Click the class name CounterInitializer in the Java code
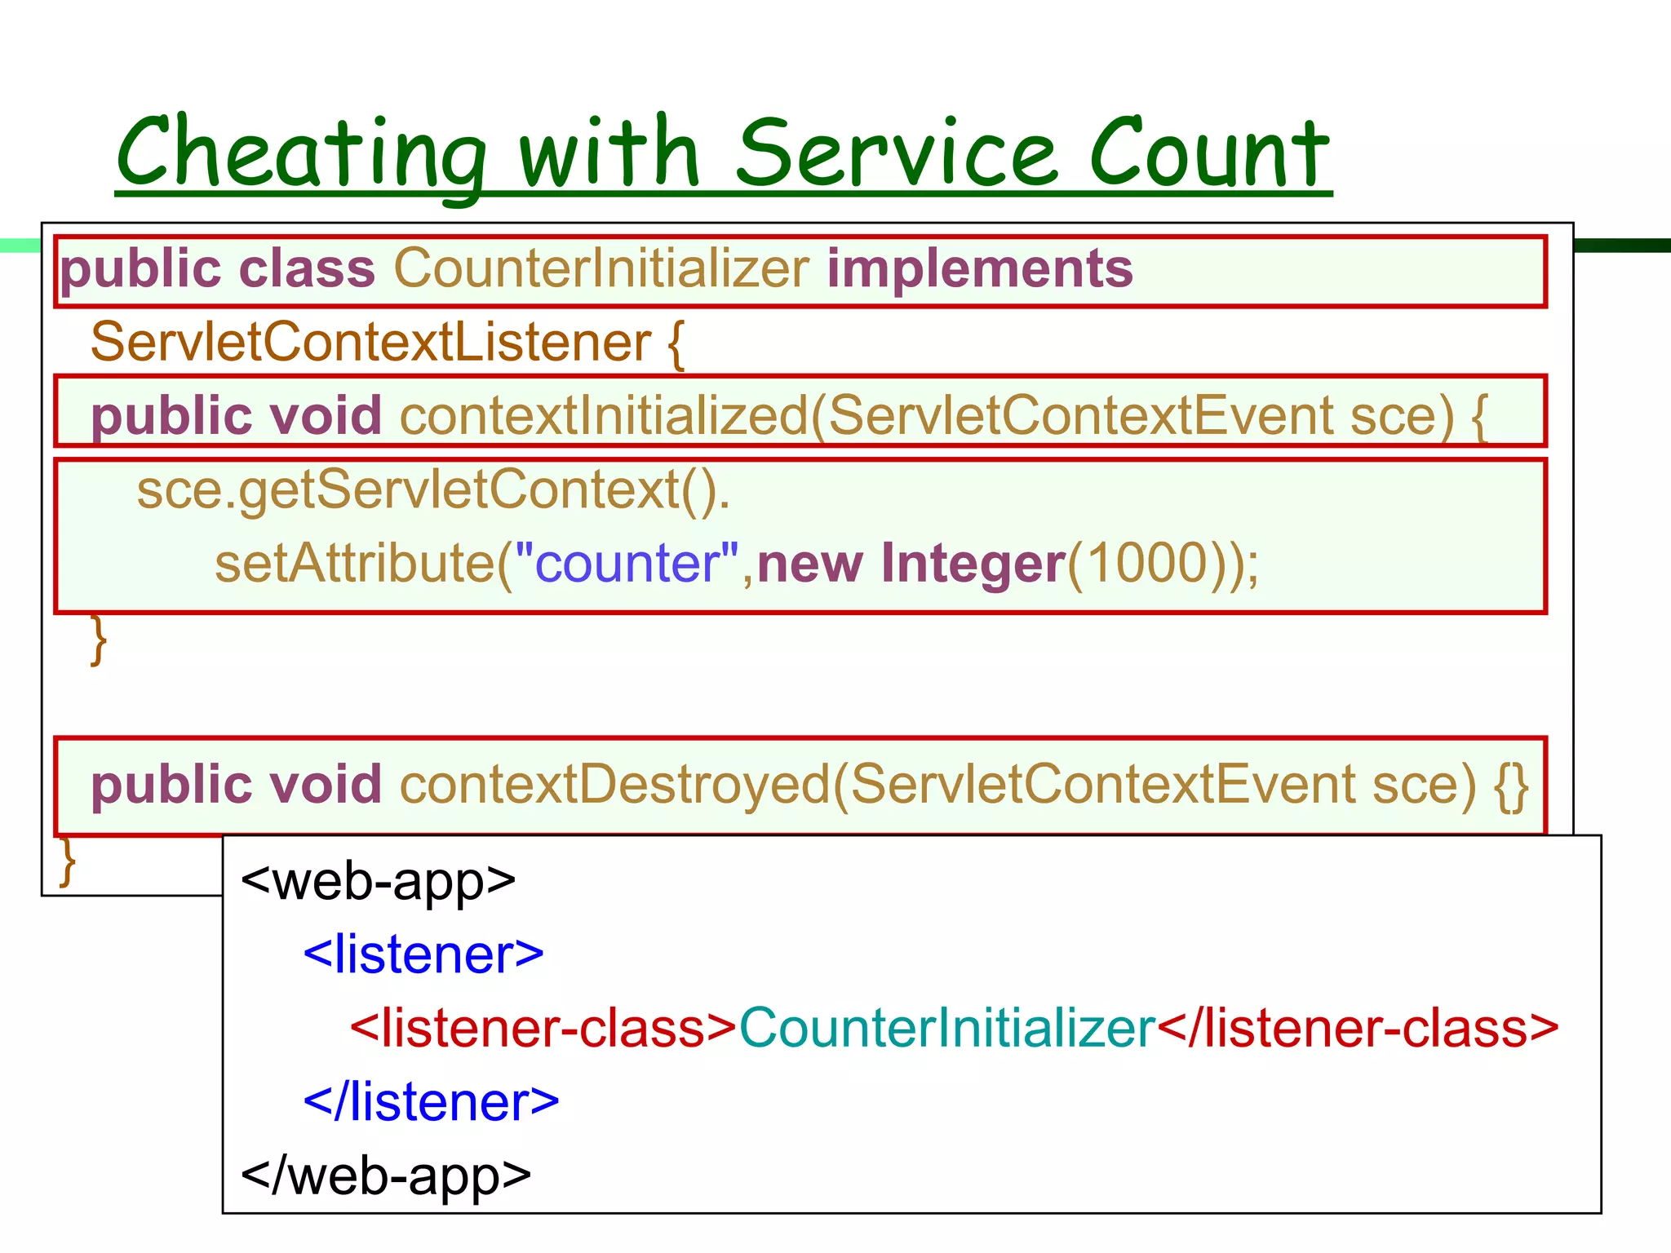click(x=601, y=268)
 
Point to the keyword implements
click(x=979, y=268)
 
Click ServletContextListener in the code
click(x=370, y=342)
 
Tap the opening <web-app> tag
click(x=378, y=881)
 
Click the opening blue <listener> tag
click(x=423, y=954)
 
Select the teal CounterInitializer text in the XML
click(x=946, y=1028)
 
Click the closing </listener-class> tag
click(x=1358, y=1028)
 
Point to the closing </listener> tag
click(x=431, y=1101)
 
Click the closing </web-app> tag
click(x=385, y=1176)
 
